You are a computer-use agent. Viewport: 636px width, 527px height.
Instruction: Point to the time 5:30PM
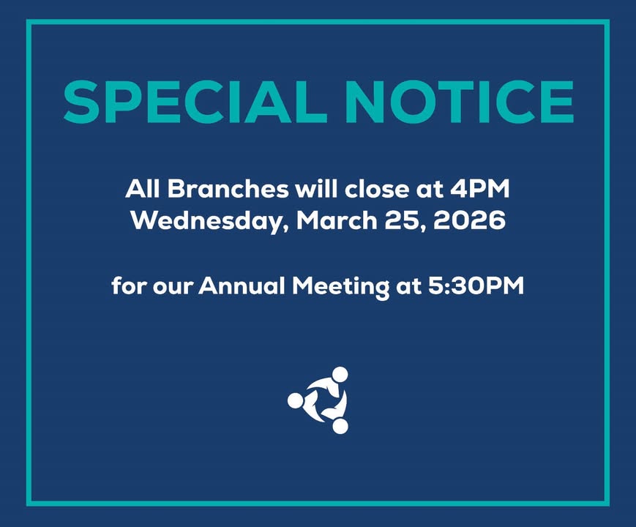(476, 285)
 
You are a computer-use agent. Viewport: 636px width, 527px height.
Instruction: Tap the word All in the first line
(142, 189)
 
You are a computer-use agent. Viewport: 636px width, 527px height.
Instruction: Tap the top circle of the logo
(340, 375)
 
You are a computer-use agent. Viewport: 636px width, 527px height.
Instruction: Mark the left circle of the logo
(295, 400)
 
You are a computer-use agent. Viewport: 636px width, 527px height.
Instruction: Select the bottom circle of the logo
(340, 425)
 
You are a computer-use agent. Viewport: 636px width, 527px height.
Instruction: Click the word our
(171, 286)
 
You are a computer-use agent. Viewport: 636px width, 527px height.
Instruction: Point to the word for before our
(127, 285)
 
